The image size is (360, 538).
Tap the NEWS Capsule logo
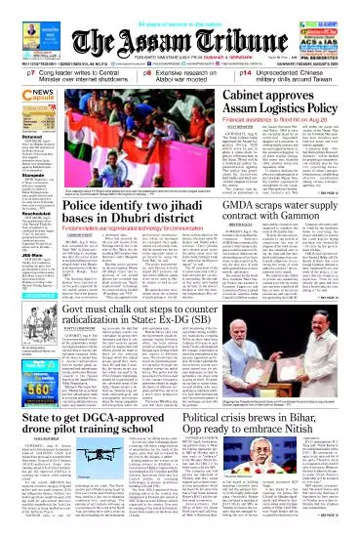[x=22, y=95]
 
